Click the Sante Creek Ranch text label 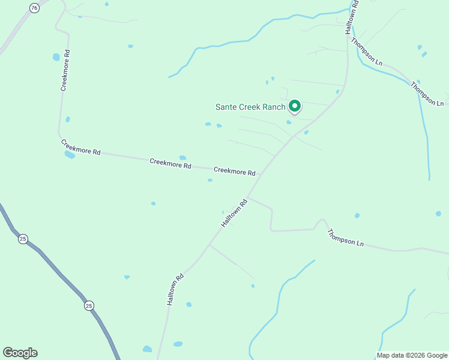[250, 107]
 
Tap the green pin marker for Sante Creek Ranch [295, 106]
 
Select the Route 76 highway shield [35, 8]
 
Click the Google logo [20, 353]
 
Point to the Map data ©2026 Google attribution [412, 355]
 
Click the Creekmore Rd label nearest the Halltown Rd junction [234, 171]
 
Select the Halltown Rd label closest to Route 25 [175, 290]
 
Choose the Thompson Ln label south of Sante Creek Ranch [346, 238]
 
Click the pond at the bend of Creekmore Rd [70, 154]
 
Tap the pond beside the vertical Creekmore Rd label [56, 58]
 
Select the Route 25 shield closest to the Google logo [89, 305]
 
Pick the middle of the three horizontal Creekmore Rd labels [170, 162]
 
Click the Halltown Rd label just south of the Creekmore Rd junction [234, 213]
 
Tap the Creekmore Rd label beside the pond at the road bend [80, 147]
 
